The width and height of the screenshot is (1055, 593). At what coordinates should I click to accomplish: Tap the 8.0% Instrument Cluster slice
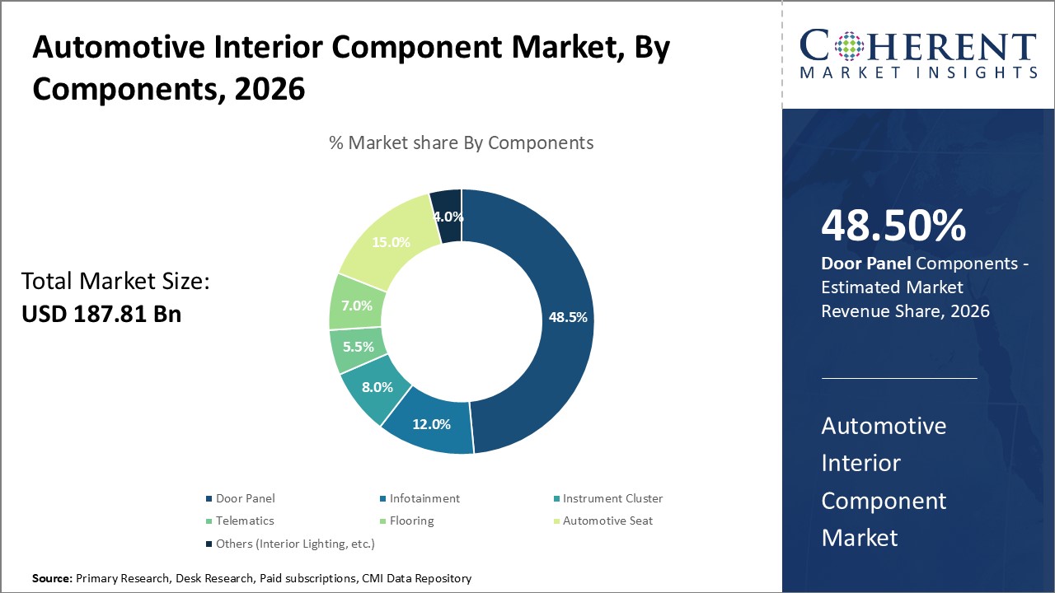coord(376,388)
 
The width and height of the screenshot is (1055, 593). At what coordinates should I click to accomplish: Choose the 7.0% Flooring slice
coord(357,306)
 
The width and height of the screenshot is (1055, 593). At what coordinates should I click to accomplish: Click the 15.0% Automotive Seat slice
coord(391,241)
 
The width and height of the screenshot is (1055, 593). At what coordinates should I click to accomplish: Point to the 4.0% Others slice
coord(448,217)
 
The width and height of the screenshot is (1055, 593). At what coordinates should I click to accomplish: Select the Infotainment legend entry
coord(424,498)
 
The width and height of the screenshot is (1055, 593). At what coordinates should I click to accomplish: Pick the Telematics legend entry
coord(244,521)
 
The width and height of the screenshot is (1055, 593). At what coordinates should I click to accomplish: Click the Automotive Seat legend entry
coord(607,521)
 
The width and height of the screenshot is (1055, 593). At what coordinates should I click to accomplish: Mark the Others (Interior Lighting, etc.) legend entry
coord(294,544)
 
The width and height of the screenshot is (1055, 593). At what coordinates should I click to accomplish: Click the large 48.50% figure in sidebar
coord(893,226)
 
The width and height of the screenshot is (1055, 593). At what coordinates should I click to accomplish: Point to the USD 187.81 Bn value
coord(101,314)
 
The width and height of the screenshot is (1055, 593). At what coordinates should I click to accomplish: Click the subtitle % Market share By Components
coord(461,142)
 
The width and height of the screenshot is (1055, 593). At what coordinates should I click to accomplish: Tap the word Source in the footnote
coord(52,579)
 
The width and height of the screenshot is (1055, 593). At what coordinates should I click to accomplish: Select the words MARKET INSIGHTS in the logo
coord(918,72)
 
